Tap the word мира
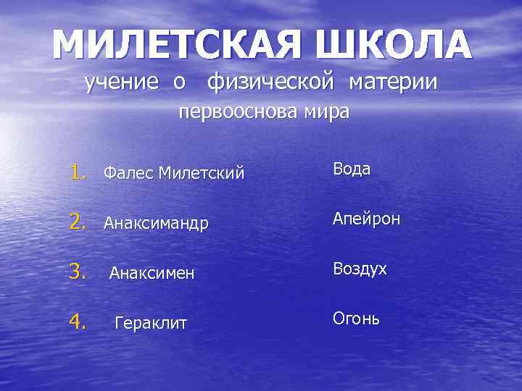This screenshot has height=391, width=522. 326,114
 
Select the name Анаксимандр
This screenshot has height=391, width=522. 156,224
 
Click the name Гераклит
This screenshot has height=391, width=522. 151,323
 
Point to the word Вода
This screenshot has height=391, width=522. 352,169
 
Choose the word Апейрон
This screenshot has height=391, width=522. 366,219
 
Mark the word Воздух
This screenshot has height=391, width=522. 360,269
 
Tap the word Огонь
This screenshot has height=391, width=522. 356,318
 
